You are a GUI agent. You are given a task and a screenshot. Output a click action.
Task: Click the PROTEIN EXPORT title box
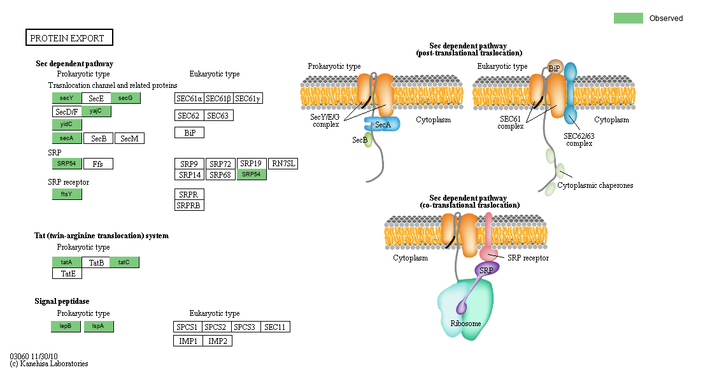pos(69,38)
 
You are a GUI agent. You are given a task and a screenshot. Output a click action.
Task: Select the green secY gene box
pos(67,98)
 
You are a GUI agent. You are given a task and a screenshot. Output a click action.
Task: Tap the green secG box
pos(125,98)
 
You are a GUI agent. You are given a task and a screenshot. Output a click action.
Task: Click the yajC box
pos(96,111)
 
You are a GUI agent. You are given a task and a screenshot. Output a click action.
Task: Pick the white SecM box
pos(130,138)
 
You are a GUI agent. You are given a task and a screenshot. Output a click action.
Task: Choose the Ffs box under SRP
pos(98,164)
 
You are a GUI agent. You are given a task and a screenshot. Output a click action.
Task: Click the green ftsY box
pos(67,194)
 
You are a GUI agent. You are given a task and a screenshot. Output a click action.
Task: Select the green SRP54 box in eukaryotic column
pos(252,174)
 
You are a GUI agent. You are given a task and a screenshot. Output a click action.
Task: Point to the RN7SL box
pos(283,164)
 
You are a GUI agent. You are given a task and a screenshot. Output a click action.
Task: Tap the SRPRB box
pos(189,205)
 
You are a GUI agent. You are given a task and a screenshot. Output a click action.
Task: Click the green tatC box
pos(124,262)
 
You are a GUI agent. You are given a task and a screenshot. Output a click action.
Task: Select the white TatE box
pos(67,273)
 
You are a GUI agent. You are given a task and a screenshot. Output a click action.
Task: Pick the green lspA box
pos(99,327)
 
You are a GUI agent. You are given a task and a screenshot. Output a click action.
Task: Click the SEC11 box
pos(275,327)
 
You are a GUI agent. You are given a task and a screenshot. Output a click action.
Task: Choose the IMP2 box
pos(218,341)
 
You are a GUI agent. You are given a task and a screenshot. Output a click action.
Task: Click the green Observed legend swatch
pos(628,18)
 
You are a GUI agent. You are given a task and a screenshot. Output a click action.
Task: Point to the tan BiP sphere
pos(555,67)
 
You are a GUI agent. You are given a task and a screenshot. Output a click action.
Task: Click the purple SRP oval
pos(487,269)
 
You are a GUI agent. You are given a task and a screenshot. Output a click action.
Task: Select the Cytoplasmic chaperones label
pos(595,185)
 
